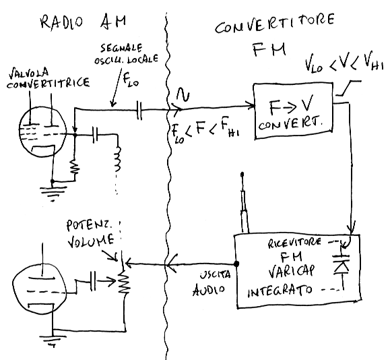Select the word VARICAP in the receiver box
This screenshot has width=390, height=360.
(x=292, y=272)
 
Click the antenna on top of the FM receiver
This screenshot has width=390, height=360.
(x=244, y=203)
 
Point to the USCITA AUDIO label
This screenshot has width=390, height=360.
(x=212, y=282)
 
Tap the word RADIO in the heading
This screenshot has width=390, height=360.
(x=61, y=22)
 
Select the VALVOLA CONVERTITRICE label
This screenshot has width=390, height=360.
(x=48, y=78)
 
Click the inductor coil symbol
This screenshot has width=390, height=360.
(x=117, y=160)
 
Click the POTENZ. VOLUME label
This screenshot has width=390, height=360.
(x=90, y=234)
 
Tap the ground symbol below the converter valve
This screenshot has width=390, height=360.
(x=53, y=192)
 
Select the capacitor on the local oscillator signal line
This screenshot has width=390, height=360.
(x=139, y=111)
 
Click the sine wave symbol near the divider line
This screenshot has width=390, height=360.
(x=183, y=95)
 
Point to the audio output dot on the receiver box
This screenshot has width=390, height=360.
(x=236, y=264)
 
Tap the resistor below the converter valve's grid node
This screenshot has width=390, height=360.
(x=75, y=167)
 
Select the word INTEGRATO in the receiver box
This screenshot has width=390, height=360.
(x=280, y=291)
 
